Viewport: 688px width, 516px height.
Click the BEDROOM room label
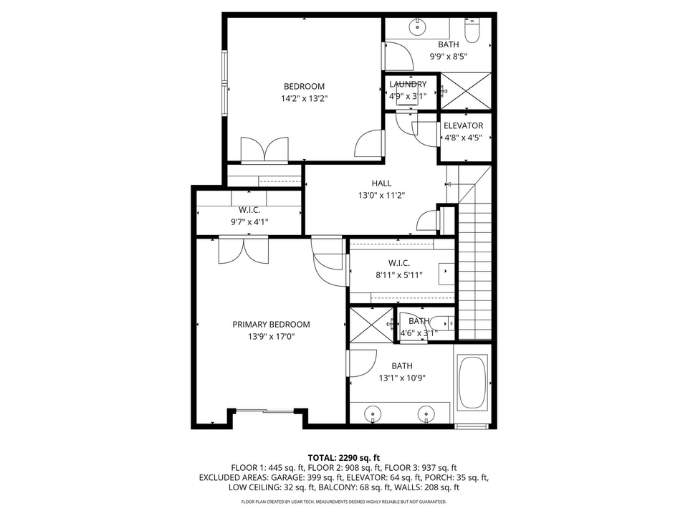304,87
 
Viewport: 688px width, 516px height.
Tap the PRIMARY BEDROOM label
271,325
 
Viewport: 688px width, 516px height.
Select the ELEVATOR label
463,126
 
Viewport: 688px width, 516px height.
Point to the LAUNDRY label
408,84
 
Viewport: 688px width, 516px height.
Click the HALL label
381,183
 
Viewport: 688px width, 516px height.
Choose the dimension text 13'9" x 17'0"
271,336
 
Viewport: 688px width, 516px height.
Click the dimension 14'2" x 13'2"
304,99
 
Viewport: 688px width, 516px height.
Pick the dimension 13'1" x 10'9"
401,378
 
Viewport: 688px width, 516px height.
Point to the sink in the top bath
416,28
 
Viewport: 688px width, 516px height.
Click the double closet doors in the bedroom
264,150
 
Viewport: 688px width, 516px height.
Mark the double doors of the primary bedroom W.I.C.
243,251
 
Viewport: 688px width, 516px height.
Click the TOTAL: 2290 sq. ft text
344,457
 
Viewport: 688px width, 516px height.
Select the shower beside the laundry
465,91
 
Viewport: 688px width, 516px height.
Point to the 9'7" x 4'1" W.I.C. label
249,210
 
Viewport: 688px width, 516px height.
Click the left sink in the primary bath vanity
372,414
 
